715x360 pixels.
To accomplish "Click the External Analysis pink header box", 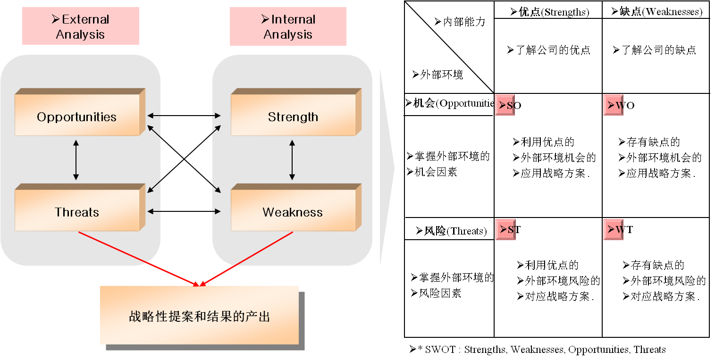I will [x=80, y=26].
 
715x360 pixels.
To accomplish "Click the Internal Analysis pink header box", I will [x=288, y=26].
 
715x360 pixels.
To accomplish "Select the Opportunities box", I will [x=77, y=116].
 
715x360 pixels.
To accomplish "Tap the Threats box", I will [x=77, y=212].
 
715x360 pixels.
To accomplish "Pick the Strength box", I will [x=293, y=117].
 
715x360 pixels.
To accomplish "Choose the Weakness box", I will [x=293, y=212].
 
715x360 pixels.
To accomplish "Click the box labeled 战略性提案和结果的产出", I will [x=199, y=316].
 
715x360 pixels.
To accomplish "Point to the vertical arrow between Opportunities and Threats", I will [x=76, y=160].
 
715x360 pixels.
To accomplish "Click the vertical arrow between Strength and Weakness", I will [x=292, y=160].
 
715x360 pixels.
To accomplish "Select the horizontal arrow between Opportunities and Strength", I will [x=184, y=115].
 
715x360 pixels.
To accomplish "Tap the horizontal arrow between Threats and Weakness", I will [x=184, y=211].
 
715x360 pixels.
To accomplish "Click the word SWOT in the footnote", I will [x=440, y=350].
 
